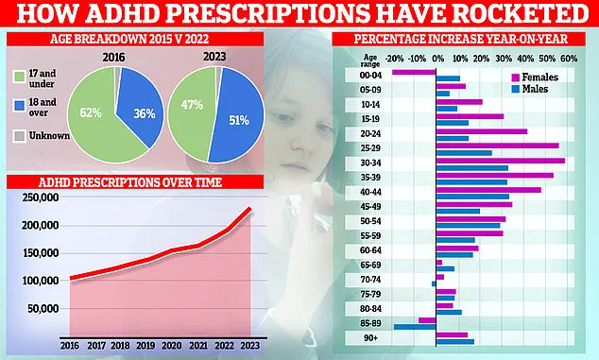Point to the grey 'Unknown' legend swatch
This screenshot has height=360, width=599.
click(x=19, y=136)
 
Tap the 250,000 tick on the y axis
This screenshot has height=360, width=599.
click(x=42, y=198)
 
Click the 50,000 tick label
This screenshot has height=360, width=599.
click(x=44, y=309)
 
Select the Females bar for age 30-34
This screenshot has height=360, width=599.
click(x=501, y=161)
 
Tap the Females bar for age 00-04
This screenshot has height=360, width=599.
click(x=414, y=72)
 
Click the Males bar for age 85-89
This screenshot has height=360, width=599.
click(x=415, y=326)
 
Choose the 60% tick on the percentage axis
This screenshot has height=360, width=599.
click(x=570, y=58)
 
